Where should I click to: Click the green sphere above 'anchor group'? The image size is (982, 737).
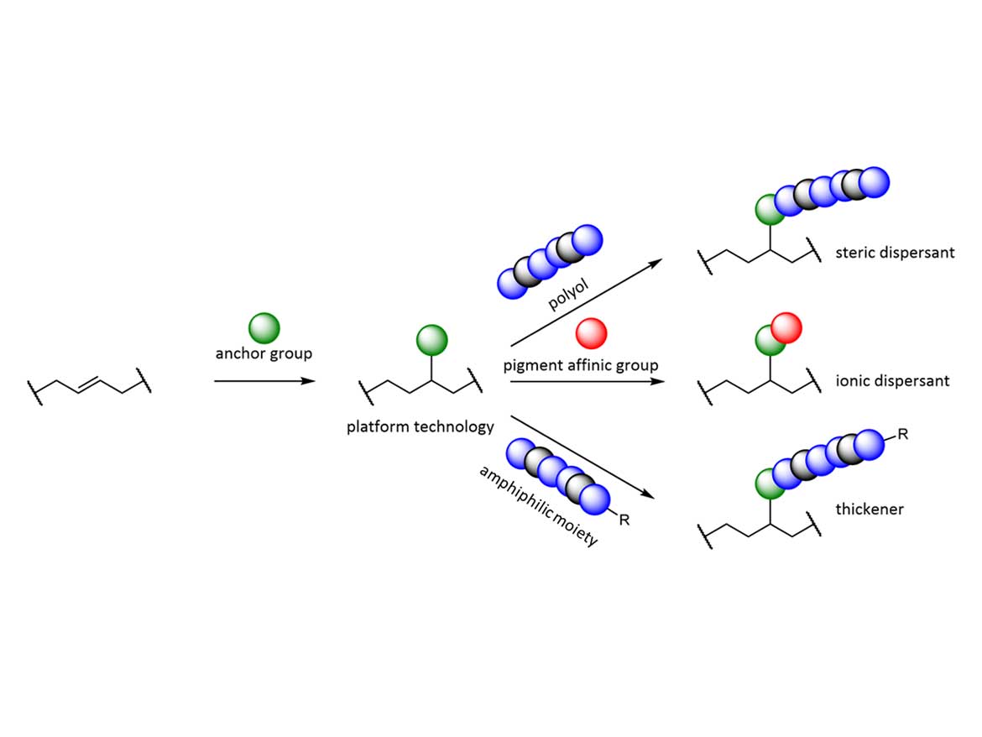pyautogui.click(x=264, y=327)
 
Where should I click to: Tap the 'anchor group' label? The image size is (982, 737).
pyautogui.click(x=264, y=353)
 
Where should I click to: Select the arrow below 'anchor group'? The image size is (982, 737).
pyautogui.click(x=264, y=381)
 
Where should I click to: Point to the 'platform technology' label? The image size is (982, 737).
pyautogui.click(x=420, y=426)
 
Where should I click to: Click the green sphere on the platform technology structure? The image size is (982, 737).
pyautogui.click(x=431, y=341)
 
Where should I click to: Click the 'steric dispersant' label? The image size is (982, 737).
pyautogui.click(x=895, y=252)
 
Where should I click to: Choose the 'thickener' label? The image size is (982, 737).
pyautogui.click(x=870, y=509)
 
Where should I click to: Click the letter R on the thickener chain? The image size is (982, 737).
pyautogui.click(x=903, y=434)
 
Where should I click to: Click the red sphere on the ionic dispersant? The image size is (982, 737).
pyautogui.click(x=786, y=327)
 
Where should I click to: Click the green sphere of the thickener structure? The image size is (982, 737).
pyautogui.click(x=770, y=483)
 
